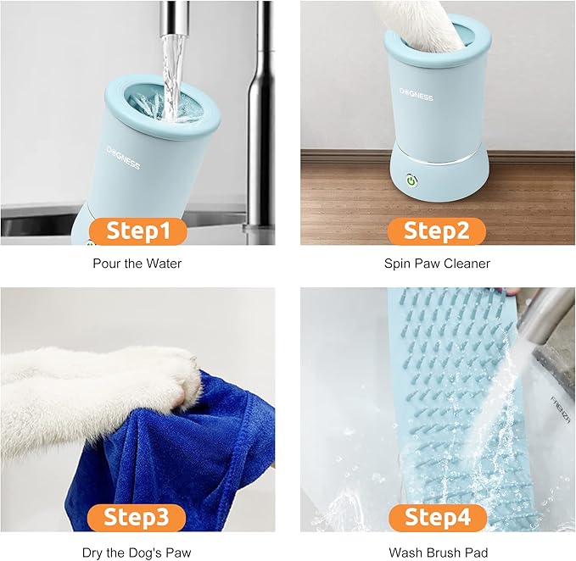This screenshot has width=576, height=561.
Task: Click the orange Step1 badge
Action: (x=139, y=231)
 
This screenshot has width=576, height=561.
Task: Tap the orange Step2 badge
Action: (x=436, y=231)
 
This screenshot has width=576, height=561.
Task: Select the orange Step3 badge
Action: (x=139, y=517)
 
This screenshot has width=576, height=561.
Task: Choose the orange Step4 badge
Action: (x=436, y=517)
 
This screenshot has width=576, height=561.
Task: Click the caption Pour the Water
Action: (x=137, y=264)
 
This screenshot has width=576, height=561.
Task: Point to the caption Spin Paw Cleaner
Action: (x=437, y=264)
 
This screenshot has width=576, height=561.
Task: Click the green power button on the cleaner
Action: (x=411, y=181)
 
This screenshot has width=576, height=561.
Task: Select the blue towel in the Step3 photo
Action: (x=187, y=458)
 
